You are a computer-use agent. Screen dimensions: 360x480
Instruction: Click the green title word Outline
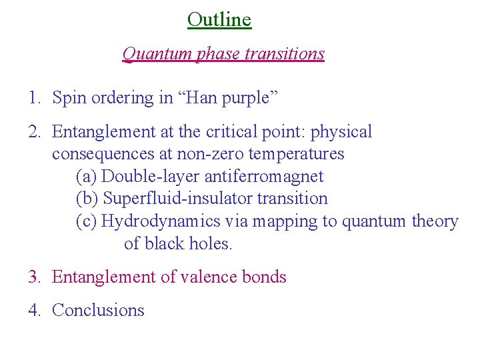219,19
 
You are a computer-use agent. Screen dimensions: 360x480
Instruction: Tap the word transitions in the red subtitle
285,53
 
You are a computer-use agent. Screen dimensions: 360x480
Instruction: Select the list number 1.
33,98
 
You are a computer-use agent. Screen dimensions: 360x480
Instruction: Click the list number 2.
34,132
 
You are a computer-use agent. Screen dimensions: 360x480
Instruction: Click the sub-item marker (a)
87,177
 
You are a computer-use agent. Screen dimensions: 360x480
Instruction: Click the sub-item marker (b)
87,199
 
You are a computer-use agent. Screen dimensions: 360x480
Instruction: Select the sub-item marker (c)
87,221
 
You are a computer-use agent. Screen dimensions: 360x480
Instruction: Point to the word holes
211,243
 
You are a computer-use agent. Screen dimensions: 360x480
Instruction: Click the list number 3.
34,277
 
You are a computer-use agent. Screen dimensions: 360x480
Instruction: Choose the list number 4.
34,310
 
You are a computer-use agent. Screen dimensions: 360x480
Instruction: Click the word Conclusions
98,310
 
